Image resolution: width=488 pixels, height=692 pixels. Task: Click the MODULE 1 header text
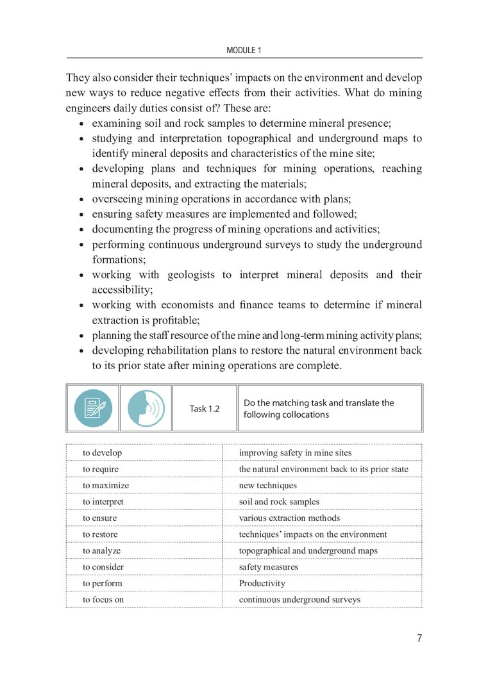click(x=244, y=49)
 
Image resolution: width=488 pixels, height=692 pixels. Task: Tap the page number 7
click(x=419, y=638)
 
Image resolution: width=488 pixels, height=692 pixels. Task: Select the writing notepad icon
click(x=93, y=408)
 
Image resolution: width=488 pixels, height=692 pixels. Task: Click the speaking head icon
click(x=146, y=408)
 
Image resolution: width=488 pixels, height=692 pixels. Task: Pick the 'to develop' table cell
click(x=103, y=453)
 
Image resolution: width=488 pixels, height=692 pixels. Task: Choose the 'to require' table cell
click(x=101, y=469)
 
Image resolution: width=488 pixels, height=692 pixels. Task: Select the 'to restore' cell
click(x=101, y=534)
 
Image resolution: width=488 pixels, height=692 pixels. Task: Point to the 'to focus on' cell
click(x=103, y=600)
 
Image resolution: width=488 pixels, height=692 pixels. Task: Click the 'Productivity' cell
click(x=262, y=583)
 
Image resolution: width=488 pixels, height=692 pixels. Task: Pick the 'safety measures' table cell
click(x=268, y=567)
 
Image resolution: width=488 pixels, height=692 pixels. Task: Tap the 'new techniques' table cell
click(x=268, y=485)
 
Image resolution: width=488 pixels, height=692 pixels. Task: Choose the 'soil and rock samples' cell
click(x=280, y=502)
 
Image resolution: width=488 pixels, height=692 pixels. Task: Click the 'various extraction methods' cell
click(x=289, y=518)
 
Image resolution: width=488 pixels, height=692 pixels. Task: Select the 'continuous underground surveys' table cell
click(x=299, y=600)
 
